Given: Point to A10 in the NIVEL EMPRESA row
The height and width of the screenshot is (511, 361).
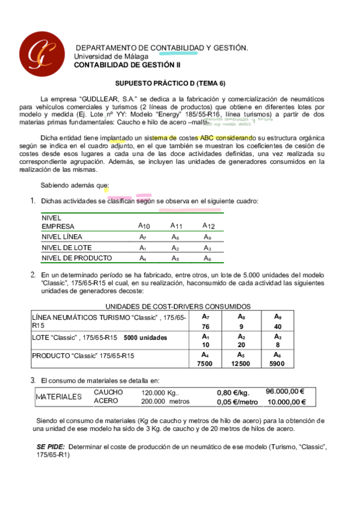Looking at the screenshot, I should point(144,226).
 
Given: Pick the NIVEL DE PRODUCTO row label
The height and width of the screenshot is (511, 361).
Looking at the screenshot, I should point(77,258).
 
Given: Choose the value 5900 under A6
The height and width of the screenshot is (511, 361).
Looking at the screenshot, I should point(277,363).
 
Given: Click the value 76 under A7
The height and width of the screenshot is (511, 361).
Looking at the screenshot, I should point(206,326).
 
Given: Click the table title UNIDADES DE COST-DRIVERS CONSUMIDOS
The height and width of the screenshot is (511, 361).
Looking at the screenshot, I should point(178,306).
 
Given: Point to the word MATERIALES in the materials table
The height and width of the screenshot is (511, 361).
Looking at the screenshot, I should point(58,397).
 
